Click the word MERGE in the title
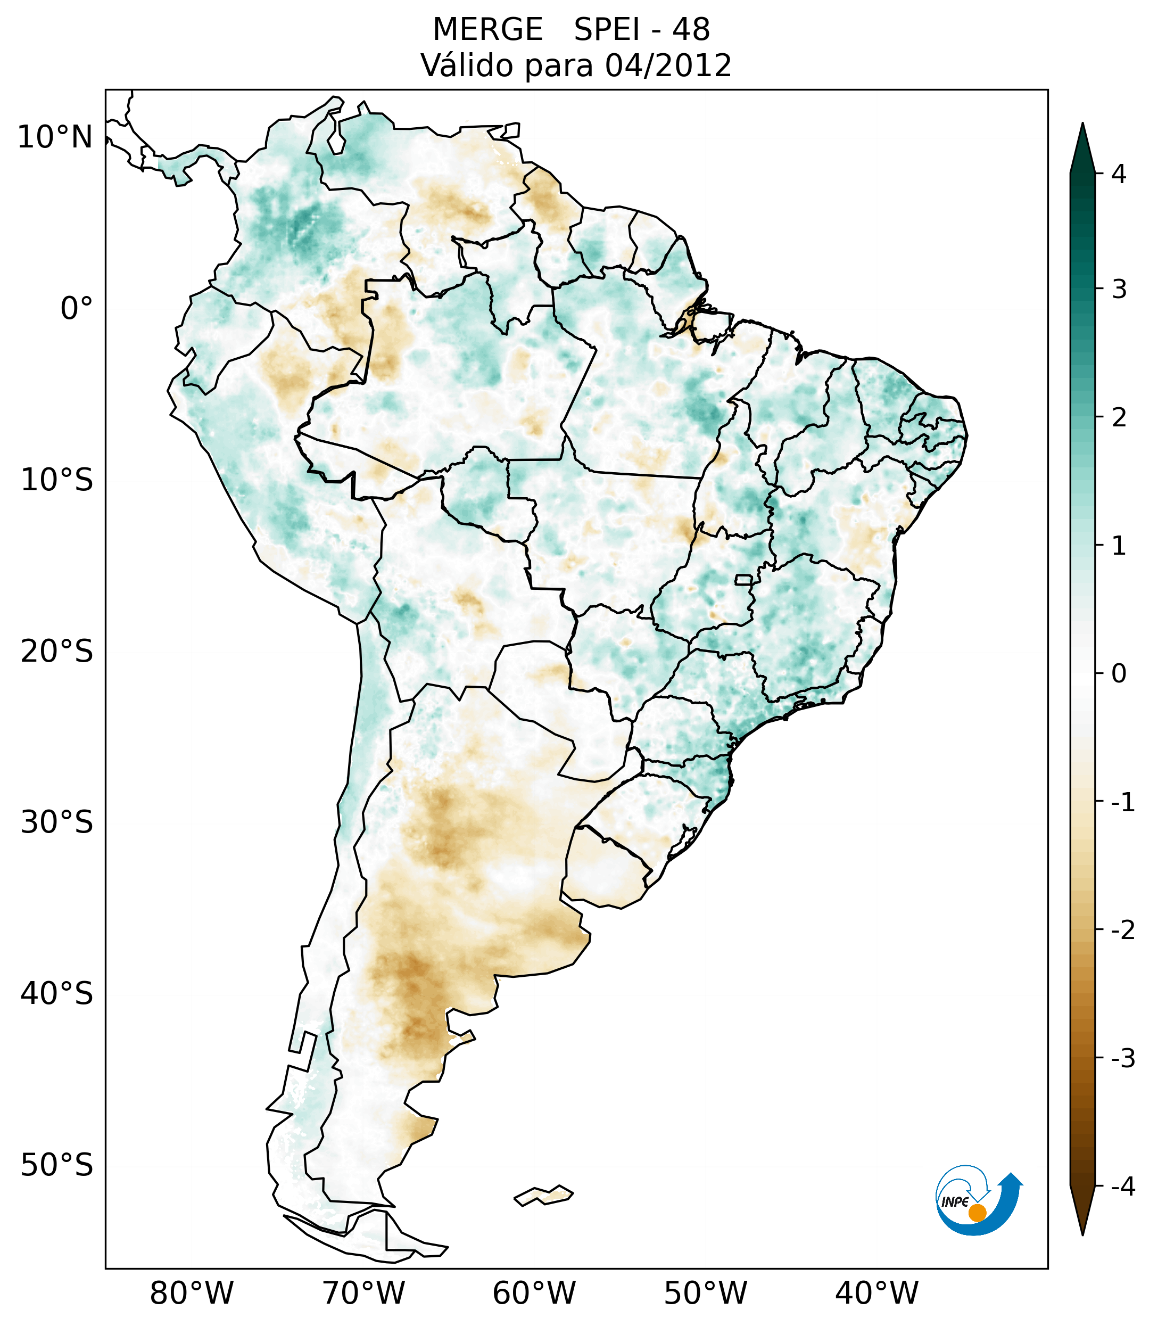tap(487, 30)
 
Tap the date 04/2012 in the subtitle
tap(668, 65)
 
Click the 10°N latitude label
tap(55, 137)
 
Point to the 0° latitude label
tap(77, 309)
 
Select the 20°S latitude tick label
tap(57, 652)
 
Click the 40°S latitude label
tap(57, 994)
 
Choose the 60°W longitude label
tap(534, 1294)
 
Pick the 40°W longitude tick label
tap(877, 1294)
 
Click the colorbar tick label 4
tap(1119, 174)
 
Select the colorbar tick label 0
tap(1119, 674)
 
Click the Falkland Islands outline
tap(543, 1196)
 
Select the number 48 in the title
tap(691, 30)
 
